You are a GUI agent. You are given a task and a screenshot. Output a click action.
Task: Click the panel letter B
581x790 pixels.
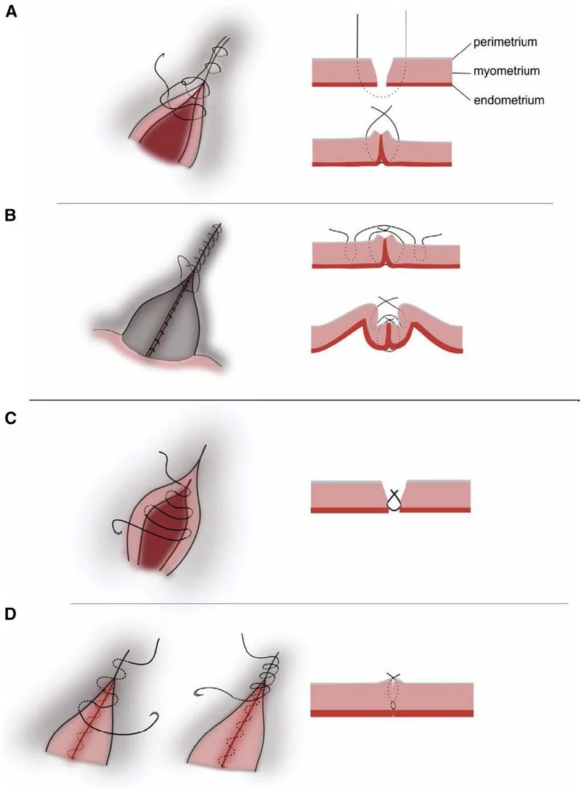[11, 216]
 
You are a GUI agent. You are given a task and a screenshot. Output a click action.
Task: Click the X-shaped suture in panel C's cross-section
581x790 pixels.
[394, 498]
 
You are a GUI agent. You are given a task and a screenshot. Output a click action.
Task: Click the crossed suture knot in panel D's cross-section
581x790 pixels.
[392, 677]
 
